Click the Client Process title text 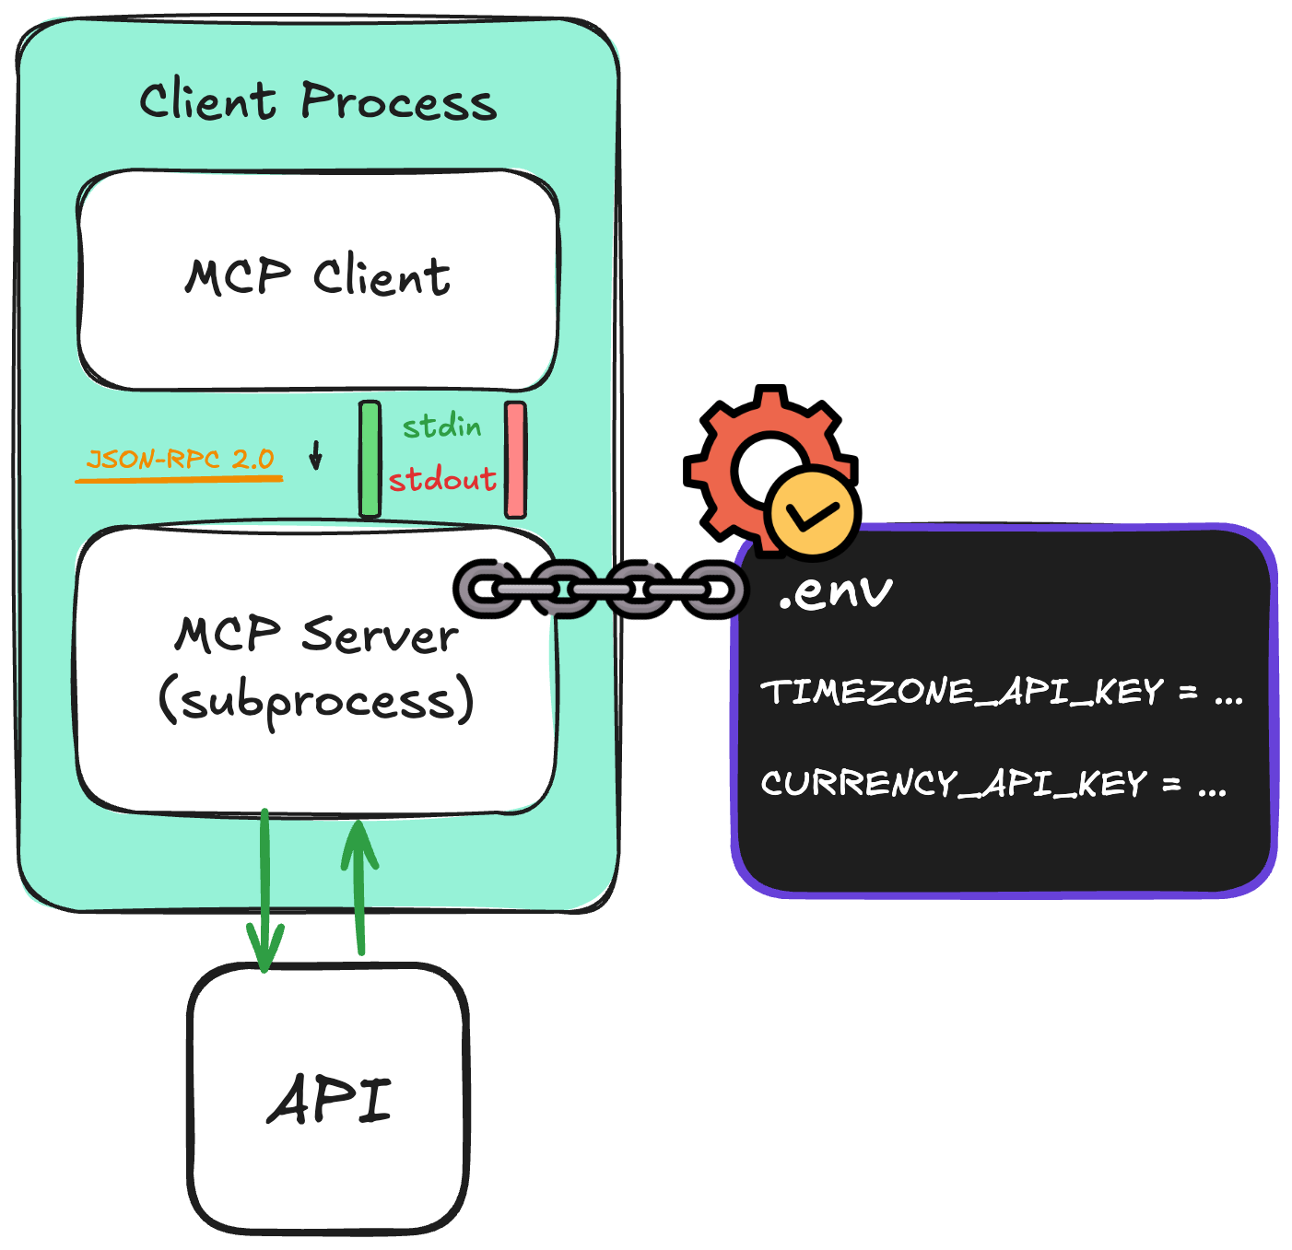[x=318, y=101]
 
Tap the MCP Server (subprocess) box [x=313, y=755]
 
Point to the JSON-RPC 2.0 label [x=180, y=459]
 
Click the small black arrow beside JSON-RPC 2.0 [x=315, y=455]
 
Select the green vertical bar [x=370, y=459]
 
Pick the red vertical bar [x=515, y=459]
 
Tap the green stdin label [x=441, y=426]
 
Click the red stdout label [x=442, y=479]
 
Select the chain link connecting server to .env [x=599, y=588]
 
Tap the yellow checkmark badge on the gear [x=812, y=512]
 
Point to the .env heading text [x=835, y=591]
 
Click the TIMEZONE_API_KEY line [x=1001, y=692]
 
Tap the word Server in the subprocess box [x=380, y=636]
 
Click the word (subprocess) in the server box [x=316, y=702]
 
